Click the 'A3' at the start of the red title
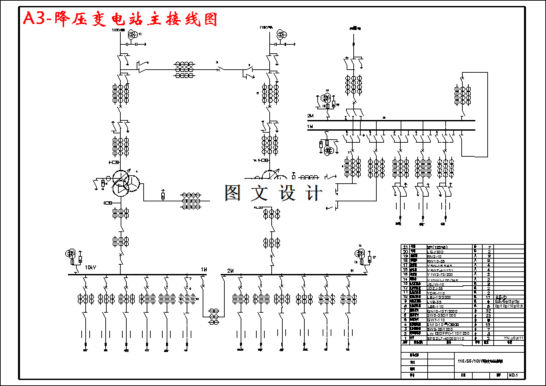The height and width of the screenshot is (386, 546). tap(36, 19)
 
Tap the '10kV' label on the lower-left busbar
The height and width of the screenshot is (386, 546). tap(90, 268)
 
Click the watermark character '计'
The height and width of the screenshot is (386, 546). tap(312, 193)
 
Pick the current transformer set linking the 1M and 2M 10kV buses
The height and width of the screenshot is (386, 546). tap(215, 315)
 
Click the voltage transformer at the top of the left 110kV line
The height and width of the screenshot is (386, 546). tap(134, 34)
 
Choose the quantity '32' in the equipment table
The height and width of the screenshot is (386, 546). tap(489, 311)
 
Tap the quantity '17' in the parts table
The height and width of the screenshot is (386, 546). tap(489, 297)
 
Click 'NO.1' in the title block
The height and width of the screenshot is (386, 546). tap(513, 375)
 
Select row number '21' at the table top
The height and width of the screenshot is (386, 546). tap(405, 246)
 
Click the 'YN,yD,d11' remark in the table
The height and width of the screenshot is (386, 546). tap(514, 339)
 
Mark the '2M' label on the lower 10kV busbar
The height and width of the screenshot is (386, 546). tap(230, 270)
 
